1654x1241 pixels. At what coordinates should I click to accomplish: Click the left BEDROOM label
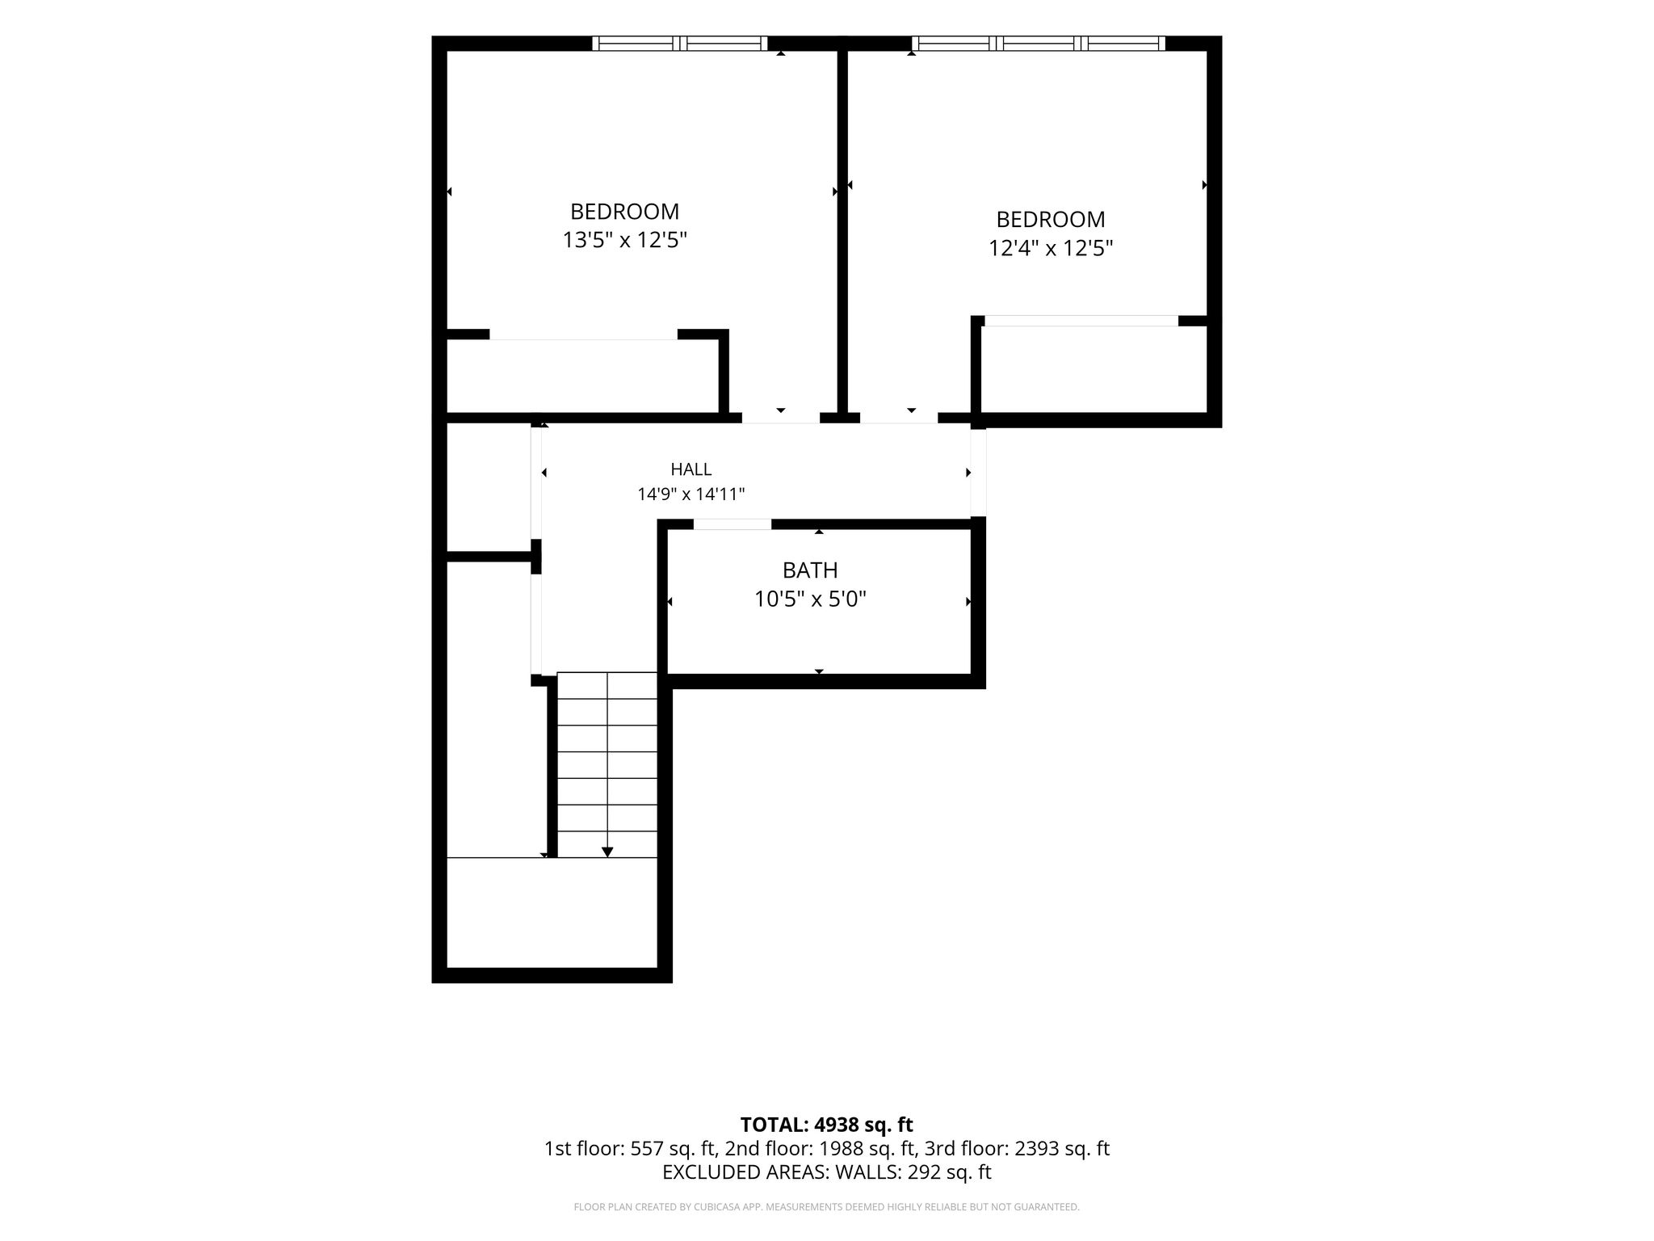tap(624, 212)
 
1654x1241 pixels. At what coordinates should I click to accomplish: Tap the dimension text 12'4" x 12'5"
tap(1051, 248)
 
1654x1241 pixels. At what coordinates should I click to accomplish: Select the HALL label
tap(691, 469)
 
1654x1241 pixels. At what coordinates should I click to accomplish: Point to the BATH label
tap(810, 570)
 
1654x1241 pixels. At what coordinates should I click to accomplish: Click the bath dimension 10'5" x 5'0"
tap(810, 599)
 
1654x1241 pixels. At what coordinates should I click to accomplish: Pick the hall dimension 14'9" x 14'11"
tap(691, 494)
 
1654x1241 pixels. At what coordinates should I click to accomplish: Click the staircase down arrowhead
tap(607, 852)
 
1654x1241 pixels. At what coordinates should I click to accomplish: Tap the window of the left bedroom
tap(680, 44)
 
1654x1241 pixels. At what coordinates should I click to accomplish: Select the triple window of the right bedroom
tap(1039, 44)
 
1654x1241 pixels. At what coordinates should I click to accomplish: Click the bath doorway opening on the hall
tap(733, 524)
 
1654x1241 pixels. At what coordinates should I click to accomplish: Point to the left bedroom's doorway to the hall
tap(781, 418)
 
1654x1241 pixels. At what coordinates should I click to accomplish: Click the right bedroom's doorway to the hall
tap(899, 418)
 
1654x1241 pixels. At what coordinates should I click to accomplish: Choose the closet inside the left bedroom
tap(582, 376)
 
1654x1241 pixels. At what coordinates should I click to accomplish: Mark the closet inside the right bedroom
tap(1094, 369)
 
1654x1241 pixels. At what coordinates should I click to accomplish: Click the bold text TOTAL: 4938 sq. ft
tap(826, 1125)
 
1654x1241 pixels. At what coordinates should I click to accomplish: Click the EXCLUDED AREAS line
tap(826, 1172)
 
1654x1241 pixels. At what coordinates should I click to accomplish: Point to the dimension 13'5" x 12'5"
tap(624, 240)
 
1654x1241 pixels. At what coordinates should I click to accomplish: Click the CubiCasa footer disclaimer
tap(826, 1207)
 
